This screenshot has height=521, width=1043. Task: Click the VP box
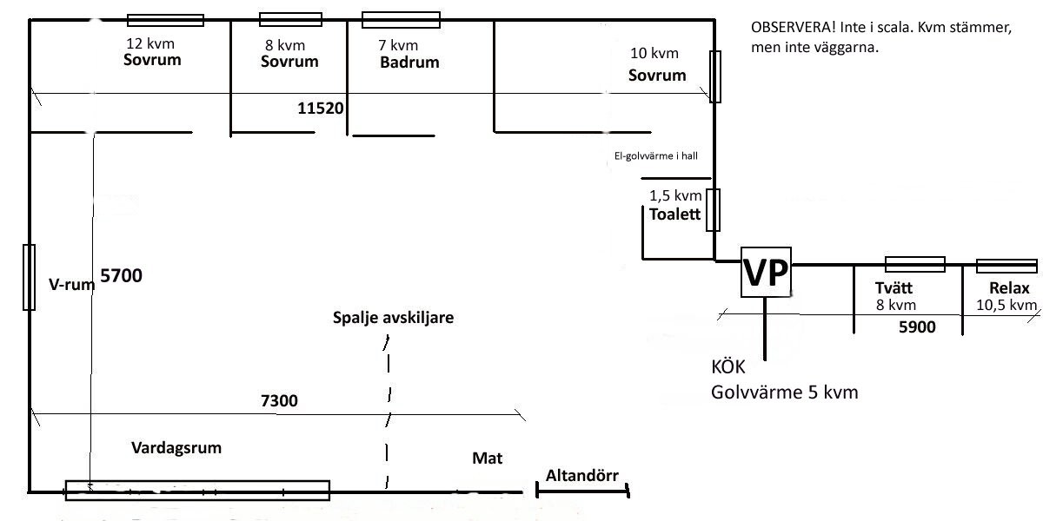click(766, 272)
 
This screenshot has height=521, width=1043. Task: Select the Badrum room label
click(409, 63)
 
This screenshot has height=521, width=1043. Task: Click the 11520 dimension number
click(321, 109)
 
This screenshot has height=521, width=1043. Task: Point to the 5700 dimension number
click(121, 276)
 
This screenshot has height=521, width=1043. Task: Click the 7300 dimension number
click(279, 401)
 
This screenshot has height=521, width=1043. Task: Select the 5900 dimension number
click(917, 327)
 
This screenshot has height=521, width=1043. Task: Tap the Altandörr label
click(581, 476)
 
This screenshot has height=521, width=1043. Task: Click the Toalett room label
click(674, 214)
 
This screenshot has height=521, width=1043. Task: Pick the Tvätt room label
click(896, 289)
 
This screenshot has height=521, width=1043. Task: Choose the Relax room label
click(1009, 289)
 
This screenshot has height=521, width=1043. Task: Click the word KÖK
click(728, 367)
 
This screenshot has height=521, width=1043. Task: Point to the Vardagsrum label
click(176, 448)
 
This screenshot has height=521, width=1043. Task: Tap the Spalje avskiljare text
click(393, 318)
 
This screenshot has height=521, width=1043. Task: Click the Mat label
click(488, 458)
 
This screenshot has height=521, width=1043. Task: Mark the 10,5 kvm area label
click(1007, 306)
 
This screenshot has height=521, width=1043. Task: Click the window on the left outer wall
click(29, 277)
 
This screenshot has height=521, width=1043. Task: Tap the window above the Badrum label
click(401, 19)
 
